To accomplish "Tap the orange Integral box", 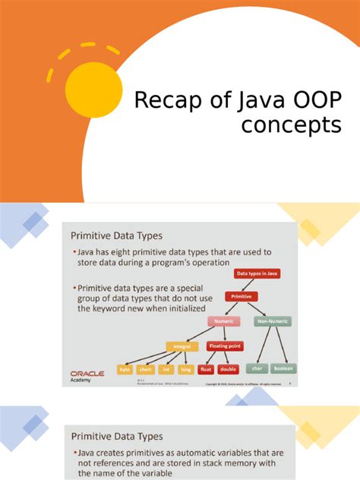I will pos(182,346).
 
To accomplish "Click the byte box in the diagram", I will pos(125,370).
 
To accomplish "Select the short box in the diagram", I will pos(145,370).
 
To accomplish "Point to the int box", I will pos(166,370).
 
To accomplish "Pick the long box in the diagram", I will pos(185,370).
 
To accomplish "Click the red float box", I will pos(205,370).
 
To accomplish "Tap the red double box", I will pos(226,370).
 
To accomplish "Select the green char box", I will pos(257,368).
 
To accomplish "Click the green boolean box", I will pos(283,368).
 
